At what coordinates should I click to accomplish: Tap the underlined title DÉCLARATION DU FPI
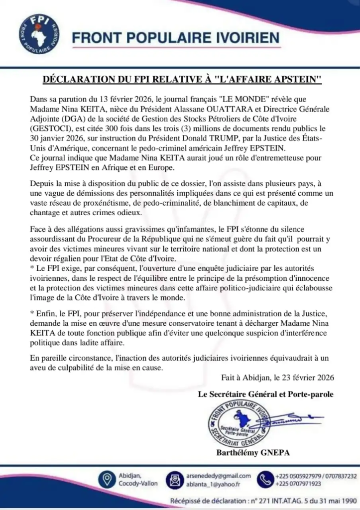click(180, 79)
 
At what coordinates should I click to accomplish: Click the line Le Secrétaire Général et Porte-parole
click(265, 394)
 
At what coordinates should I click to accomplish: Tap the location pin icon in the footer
click(105, 479)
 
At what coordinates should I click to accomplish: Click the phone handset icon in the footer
click(264, 479)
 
